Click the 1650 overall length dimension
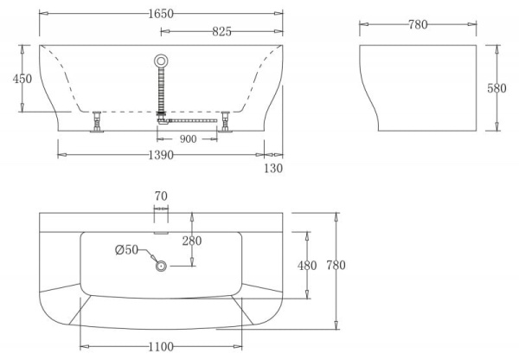[x=161, y=14]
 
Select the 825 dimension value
[x=221, y=31]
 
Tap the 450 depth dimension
[x=22, y=79]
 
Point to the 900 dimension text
[x=188, y=138]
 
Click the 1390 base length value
[x=161, y=155]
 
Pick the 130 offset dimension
[x=273, y=168]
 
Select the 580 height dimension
[x=497, y=88]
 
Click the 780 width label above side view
[x=418, y=24]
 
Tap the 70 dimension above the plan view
[x=161, y=196]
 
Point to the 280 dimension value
[x=192, y=241]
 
